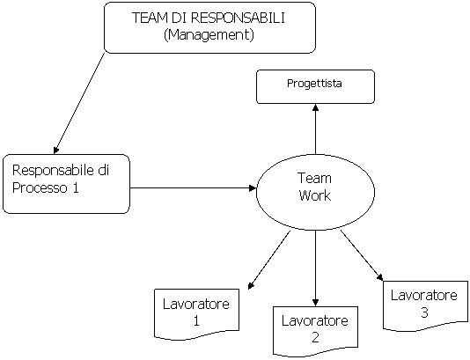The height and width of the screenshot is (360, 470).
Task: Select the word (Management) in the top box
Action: tap(209, 35)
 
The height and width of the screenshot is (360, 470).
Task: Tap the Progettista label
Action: tap(314, 84)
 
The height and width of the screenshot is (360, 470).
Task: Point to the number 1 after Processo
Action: tap(75, 188)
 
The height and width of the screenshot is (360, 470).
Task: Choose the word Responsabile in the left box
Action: tap(53, 170)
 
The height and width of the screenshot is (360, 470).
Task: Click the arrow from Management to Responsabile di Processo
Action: tap(79, 103)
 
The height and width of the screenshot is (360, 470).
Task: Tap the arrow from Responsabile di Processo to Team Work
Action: tap(193, 188)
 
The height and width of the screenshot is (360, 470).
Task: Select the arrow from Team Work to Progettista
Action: tap(315, 129)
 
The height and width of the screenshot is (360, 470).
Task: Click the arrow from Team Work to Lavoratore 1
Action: tap(269, 261)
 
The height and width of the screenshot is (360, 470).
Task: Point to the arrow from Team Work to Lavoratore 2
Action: tap(315, 268)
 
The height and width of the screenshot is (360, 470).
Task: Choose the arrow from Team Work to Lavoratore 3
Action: tap(362, 255)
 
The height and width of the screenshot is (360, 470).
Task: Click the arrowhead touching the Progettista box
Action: tap(315, 107)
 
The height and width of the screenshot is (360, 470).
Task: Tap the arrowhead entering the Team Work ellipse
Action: tap(253, 188)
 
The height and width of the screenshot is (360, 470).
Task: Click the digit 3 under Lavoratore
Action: tap(424, 312)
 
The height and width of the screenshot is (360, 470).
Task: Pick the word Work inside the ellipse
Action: tap(315, 195)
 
